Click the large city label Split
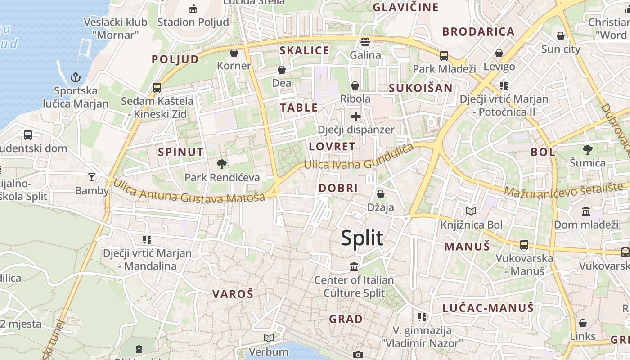pyautogui.click(x=362, y=238)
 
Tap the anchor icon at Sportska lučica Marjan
pyautogui.click(x=76, y=78)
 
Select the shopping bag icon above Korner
pyautogui.click(x=234, y=53)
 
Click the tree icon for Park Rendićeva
pyautogui.click(x=221, y=164)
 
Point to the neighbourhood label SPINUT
pyautogui.click(x=181, y=152)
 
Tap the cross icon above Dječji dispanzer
pyautogui.click(x=356, y=117)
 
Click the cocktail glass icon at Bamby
pyautogui.click(x=92, y=177)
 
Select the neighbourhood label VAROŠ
pyautogui.click(x=233, y=294)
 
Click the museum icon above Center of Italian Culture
pyautogui.click(x=354, y=267)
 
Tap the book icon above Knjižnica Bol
pyautogui.click(x=471, y=211)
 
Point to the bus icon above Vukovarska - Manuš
pyautogui.click(x=524, y=245)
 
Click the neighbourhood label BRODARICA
pyautogui.click(x=478, y=31)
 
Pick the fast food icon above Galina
pyautogui.click(x=365, y=42)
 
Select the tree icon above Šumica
pyautogui.click(x=587, y=149)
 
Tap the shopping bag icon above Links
pyautogui.click(x=583, y=323)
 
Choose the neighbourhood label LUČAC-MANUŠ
pyautogui.click(x=488, y=308)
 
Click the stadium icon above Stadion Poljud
pyautogui.click(x=193, y=8)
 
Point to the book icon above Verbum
pyautogui.click(x=269, y=338)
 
